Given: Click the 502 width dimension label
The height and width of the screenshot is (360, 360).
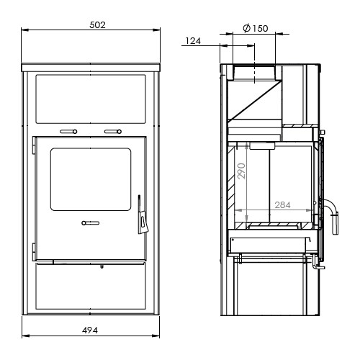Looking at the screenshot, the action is point(97,25).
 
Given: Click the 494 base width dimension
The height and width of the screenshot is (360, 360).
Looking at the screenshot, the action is point(90,330).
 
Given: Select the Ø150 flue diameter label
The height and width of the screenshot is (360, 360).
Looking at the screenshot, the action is point(256,28).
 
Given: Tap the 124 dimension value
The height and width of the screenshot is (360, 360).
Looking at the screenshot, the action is point(193,41).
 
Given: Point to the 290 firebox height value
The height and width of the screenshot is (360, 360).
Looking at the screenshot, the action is point(241,171).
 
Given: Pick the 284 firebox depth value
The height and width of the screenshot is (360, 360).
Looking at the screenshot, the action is point(282,204).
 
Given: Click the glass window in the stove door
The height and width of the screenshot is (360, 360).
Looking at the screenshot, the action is point(91,179).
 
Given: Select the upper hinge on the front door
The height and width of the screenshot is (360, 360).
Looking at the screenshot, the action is point(34,145).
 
